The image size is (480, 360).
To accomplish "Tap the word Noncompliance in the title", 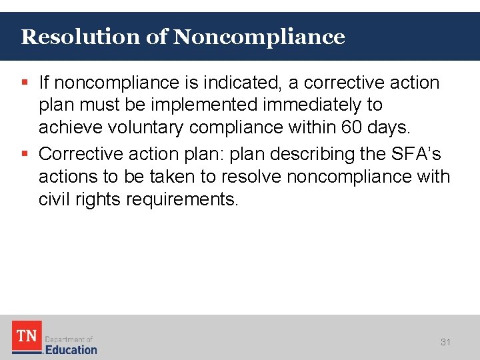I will [259, 37].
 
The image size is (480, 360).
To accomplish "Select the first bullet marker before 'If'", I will [25, 83].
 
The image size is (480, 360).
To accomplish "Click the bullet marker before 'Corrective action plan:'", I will [25, 154].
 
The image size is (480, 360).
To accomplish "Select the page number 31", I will [445, 342].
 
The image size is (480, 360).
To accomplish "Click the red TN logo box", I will [27, 337].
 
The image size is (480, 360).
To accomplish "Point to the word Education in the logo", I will [71, 349].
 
